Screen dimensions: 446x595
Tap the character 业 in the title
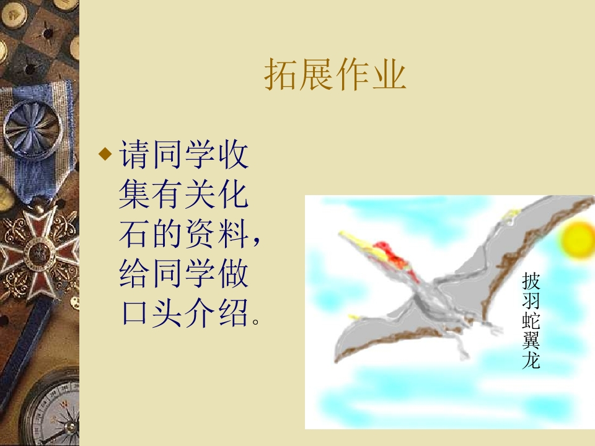[389, 76]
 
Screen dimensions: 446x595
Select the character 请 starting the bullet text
[134, 155]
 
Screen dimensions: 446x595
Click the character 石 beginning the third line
[134, 235]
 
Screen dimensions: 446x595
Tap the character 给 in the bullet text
[134, 274]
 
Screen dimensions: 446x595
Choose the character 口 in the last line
[134, 313]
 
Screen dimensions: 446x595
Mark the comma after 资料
[258, 242]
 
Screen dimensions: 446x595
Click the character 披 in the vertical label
[531, 281]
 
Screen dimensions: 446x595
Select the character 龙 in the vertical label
[531, 360]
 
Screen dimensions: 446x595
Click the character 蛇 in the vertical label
[531, 320]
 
